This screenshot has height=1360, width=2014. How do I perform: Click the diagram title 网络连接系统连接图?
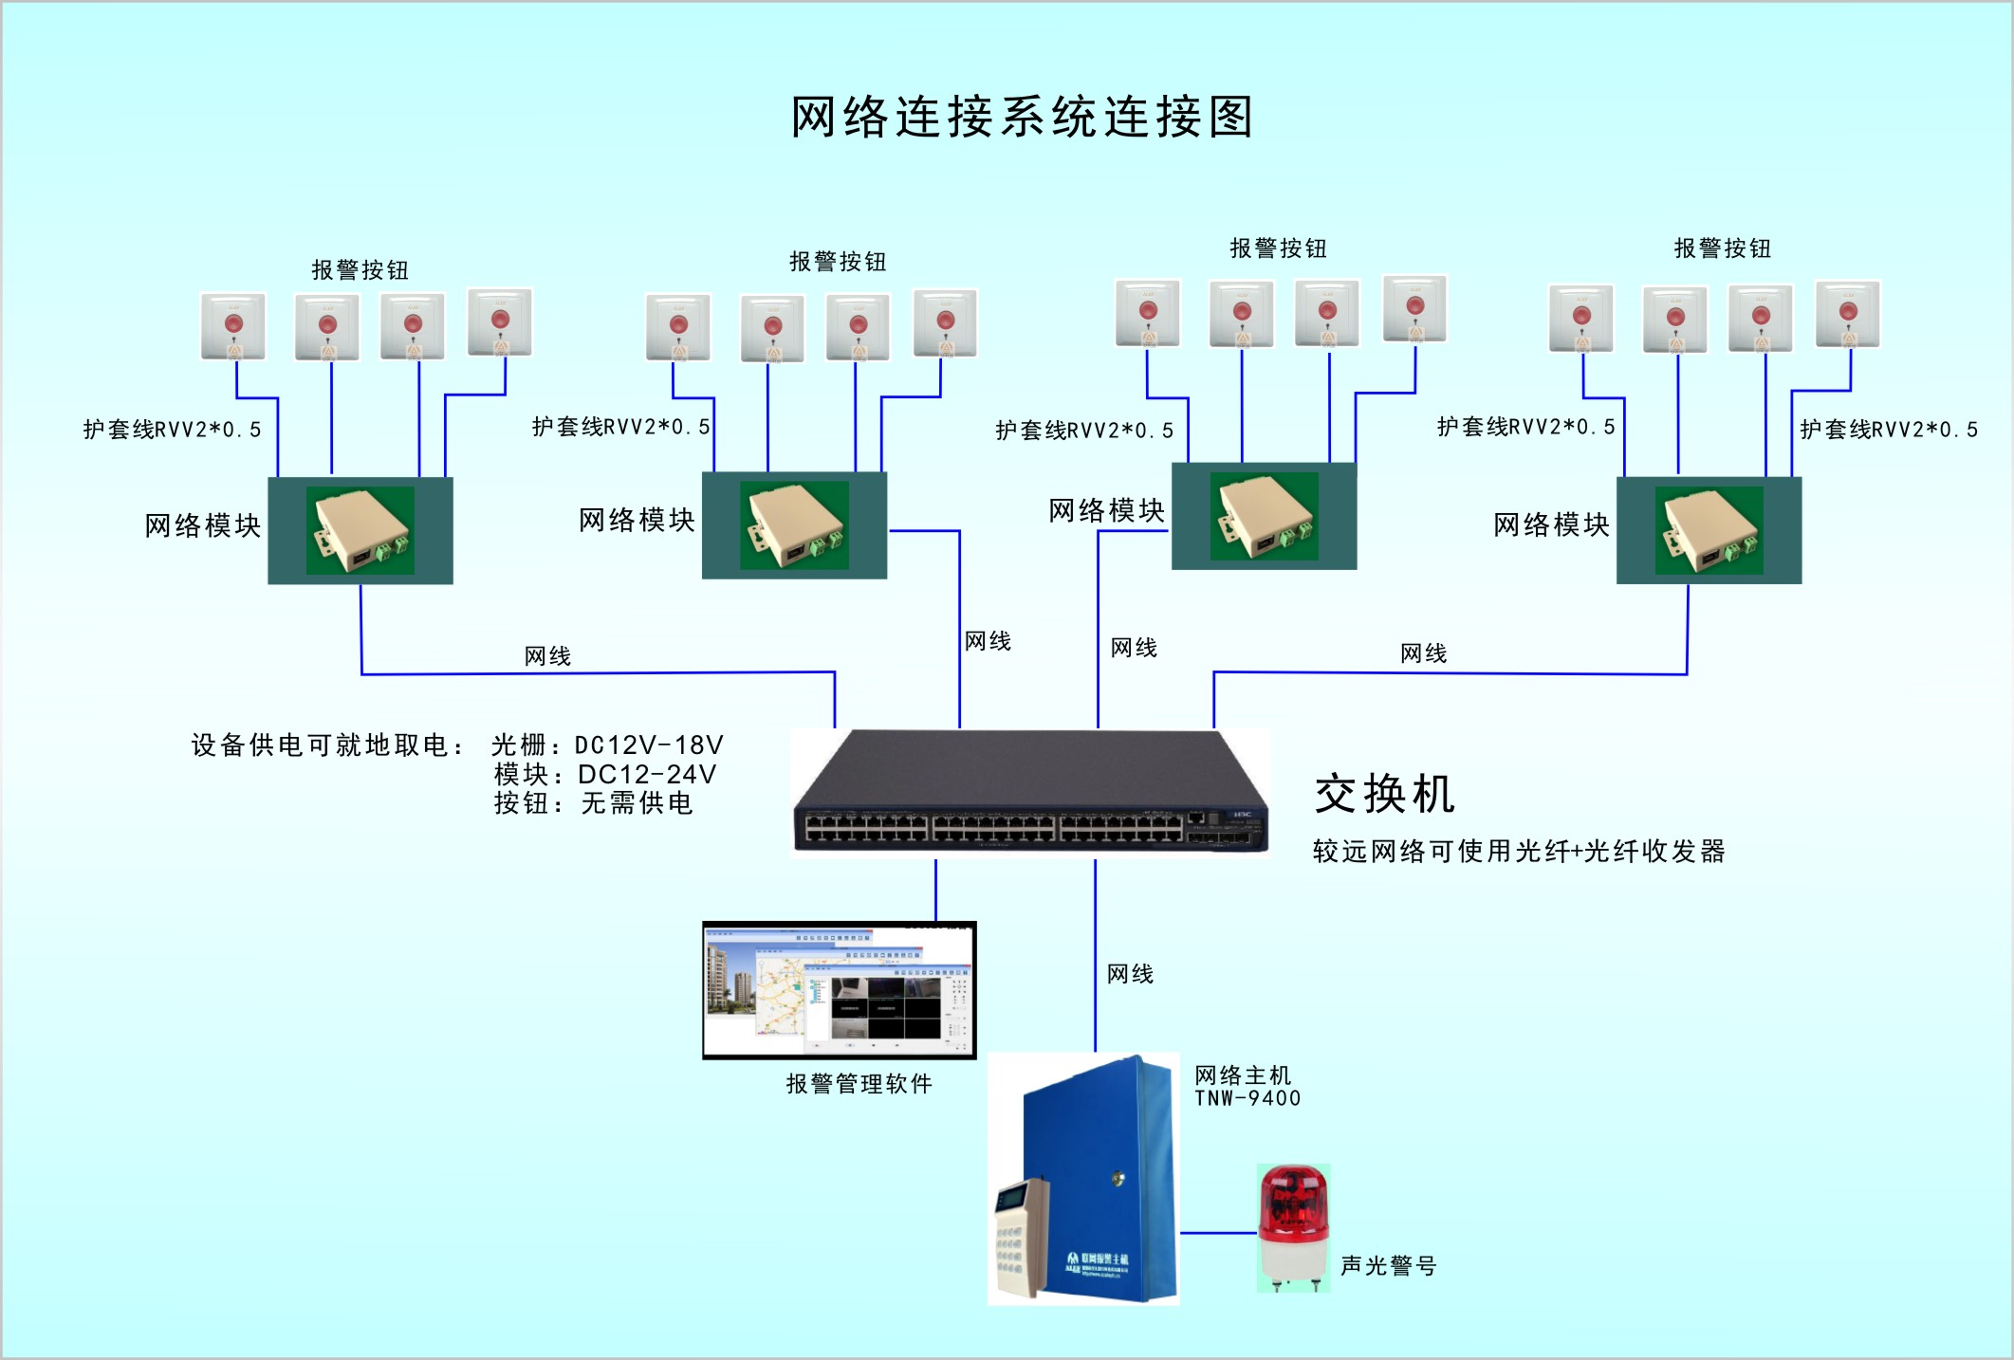[x=1022, y=118]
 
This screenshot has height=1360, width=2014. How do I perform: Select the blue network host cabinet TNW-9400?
[x=1100, y=1176]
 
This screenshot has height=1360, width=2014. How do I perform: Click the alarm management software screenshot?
[x=839, y=990]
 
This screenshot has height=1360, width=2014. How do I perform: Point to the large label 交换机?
[x=1384, y=794]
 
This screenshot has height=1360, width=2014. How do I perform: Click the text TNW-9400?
[x=1247, y=1098]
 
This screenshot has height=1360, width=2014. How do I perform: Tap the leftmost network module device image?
[x=360, y=530]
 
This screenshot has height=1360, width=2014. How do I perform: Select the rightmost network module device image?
[x=1709, y=530]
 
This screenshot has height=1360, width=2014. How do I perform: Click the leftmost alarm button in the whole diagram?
[x=233, y=326]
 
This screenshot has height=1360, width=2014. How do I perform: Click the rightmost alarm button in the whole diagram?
[x=1848, y=314]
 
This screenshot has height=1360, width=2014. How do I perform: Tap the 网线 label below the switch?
[x=1130, y=974]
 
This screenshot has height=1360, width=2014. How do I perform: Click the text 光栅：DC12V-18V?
[x=607, y=744]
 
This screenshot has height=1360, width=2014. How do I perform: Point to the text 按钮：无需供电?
[x=593, y=803]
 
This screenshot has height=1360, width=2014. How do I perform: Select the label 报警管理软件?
[x=859, y=1084]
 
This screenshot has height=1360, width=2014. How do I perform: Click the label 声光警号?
[x=1388, y=1265]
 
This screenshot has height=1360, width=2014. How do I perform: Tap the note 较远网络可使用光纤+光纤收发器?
[x=1518, y=851]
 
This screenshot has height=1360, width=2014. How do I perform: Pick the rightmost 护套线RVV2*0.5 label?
[x=1888, y=430]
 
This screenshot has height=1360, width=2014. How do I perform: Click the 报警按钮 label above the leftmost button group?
[x=360, y=270]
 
